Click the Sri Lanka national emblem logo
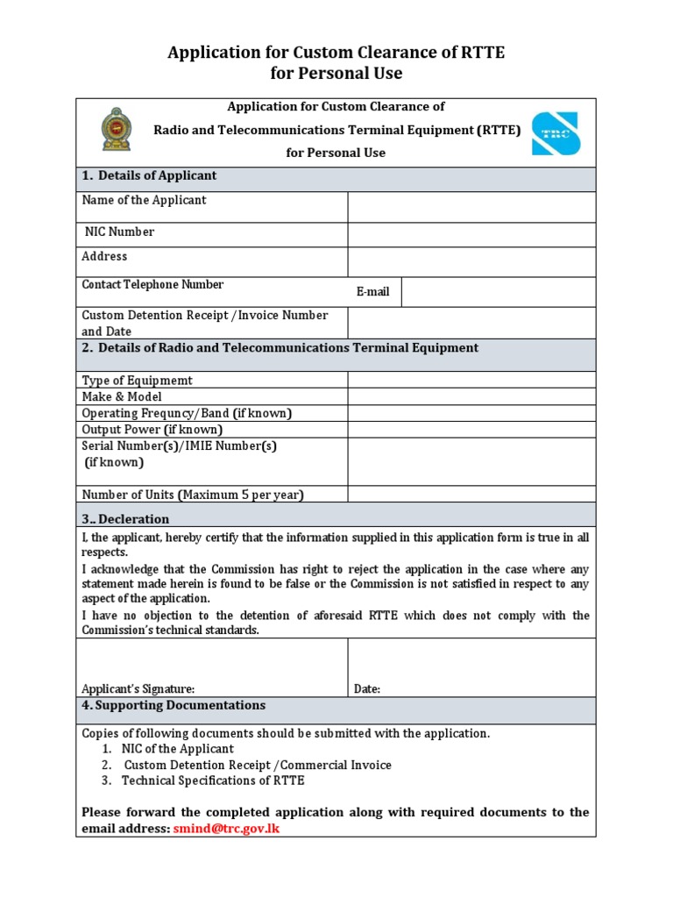point(114,130)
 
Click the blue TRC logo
point(556,132)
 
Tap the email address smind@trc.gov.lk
point(226,828)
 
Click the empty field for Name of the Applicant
point(471,208)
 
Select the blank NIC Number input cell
point(471,235)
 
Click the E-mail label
point(373,292)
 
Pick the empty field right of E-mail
point(498,292)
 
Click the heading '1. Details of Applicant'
point(149,175)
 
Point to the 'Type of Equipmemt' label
point(137,381)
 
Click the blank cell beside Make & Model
point(471,396)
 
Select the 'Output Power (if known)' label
point(152,430)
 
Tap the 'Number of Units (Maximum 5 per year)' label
point(192,495)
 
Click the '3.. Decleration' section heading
point(125,519)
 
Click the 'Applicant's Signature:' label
point(138,689)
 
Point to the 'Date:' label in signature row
point(367,689)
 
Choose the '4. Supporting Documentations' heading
point(174,705)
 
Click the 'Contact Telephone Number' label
point(152,284)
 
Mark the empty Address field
point(471,262)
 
